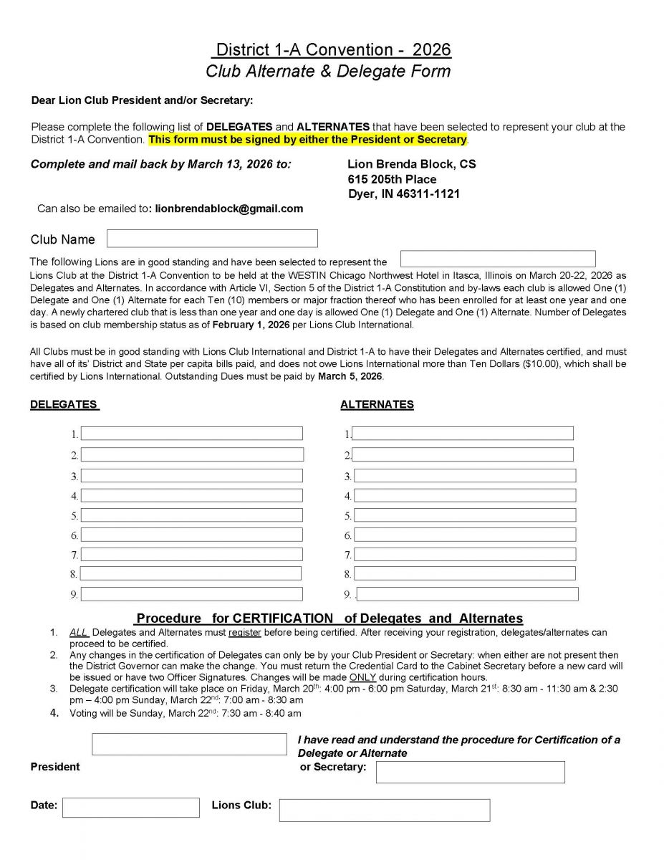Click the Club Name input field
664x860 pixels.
[212, 239]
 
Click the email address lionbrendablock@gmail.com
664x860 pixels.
[229, 209]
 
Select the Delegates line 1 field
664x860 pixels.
[191, 434]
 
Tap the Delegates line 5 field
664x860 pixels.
[191, 515]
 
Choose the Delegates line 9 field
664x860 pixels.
[191, 594]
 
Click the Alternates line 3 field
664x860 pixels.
[465, 475]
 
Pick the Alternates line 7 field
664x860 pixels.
[465, 554]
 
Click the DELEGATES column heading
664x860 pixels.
[64, 404]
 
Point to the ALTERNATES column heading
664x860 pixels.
[377, 404]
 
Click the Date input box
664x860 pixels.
[131, 807]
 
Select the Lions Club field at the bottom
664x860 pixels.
[385, 810]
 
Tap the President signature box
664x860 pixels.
[189, 744]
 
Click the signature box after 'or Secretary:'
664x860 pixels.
[470, 772]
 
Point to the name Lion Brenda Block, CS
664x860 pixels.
[411, 164]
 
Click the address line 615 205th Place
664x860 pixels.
[392, 179]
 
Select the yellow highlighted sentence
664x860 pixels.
[308, 139]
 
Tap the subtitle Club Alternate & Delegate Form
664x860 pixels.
[328, 71]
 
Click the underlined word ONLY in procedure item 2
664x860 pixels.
[362, 677]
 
